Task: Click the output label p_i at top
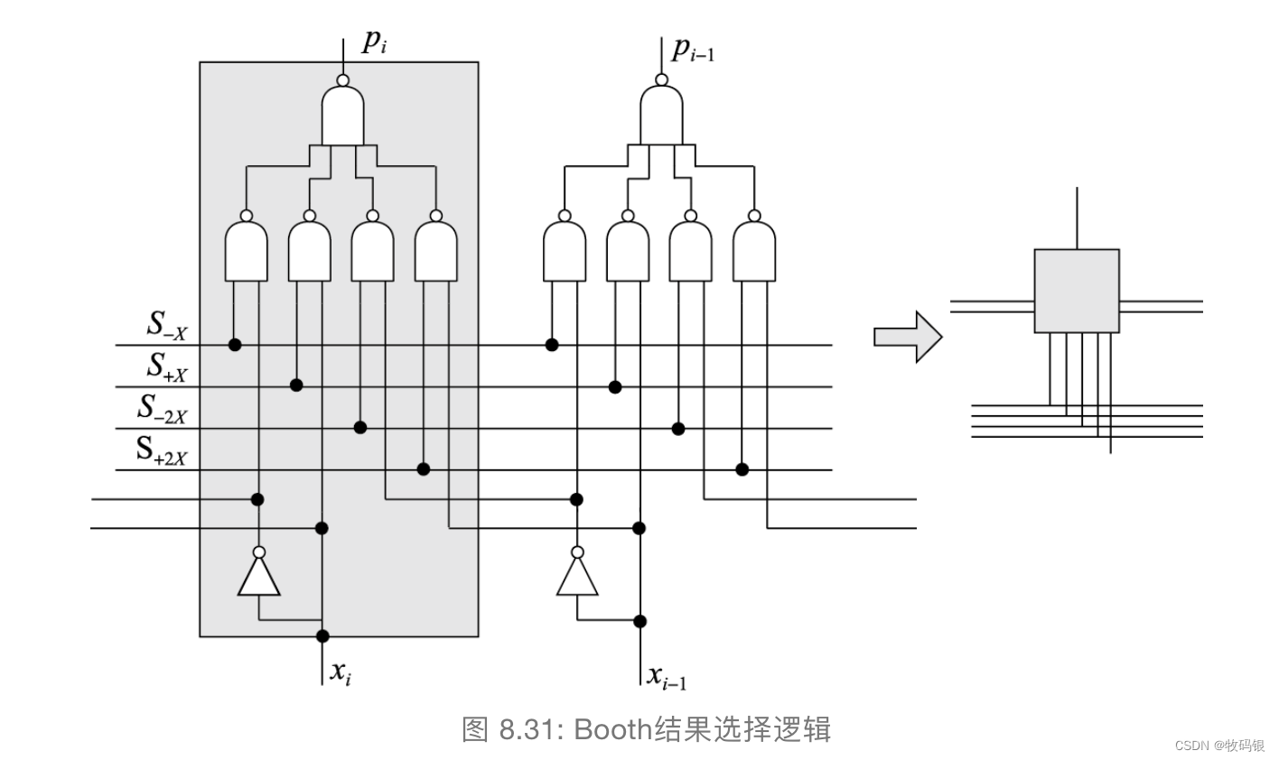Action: pos(374,43)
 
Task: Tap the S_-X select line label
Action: pos(167,327)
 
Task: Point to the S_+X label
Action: pos(167,366)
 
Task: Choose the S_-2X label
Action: pos(163,408)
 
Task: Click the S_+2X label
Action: pos(162,450)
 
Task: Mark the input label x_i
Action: pos(341,672)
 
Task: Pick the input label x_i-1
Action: pos(667,676)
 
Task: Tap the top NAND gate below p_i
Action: pos(343,115)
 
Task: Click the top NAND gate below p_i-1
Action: pos(661,115)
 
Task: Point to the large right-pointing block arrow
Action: pos(907,337)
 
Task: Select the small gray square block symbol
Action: pos(1076,291)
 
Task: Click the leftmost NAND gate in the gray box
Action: pos(247,251)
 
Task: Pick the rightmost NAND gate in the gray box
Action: pos(436,251)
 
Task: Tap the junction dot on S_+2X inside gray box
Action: pos(423,469)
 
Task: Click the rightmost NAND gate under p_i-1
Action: pos(754,251)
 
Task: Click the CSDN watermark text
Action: pos(1218,745)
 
